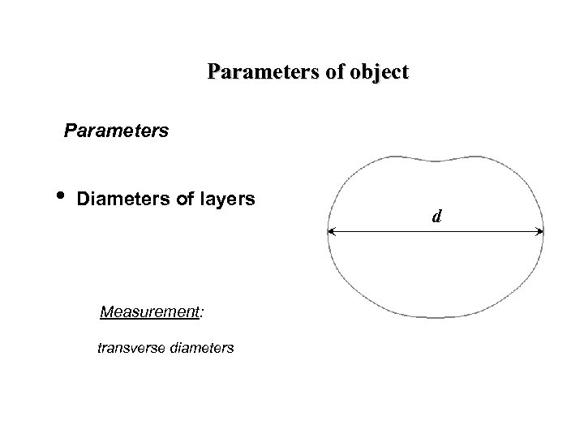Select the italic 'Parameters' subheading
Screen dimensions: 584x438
tap(117, 130)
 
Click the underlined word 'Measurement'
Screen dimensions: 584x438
tap(149, 311)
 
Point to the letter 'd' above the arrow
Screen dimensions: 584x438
tap(436, 217)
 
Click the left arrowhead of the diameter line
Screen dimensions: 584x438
tap(332, 233)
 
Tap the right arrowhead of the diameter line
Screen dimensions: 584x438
tap(539, 233)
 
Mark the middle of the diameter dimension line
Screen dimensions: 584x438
tap(436, 233)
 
